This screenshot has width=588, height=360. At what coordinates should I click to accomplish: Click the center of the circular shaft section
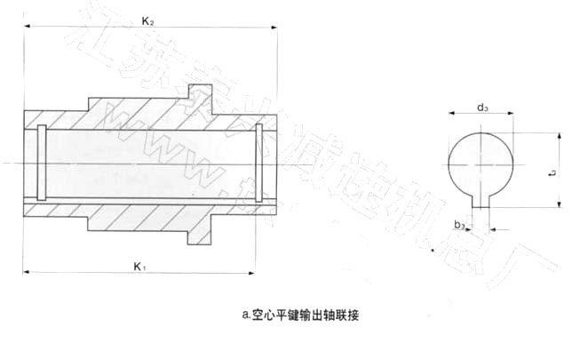coord(481,165)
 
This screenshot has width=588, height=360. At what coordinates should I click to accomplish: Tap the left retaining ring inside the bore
coord(40,164)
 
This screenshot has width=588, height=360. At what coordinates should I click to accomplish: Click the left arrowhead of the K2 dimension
coord(27,27)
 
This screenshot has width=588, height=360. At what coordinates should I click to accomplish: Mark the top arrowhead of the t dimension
coord(559,136)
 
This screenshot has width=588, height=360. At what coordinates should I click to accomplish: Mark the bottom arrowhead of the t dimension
coord(559,205)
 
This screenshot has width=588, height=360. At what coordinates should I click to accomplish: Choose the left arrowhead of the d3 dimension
coord(449,115)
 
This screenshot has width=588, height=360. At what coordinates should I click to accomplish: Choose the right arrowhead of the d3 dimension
coord(513,115)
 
